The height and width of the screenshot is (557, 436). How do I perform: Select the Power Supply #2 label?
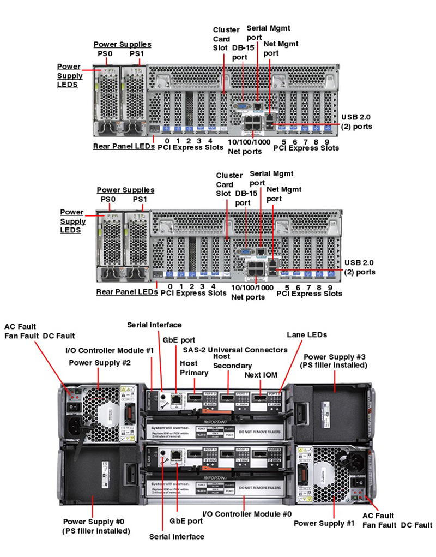click(95, 362)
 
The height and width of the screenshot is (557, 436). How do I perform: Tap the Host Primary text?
click(193, 368)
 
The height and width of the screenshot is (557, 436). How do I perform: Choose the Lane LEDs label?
click(307, 334)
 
